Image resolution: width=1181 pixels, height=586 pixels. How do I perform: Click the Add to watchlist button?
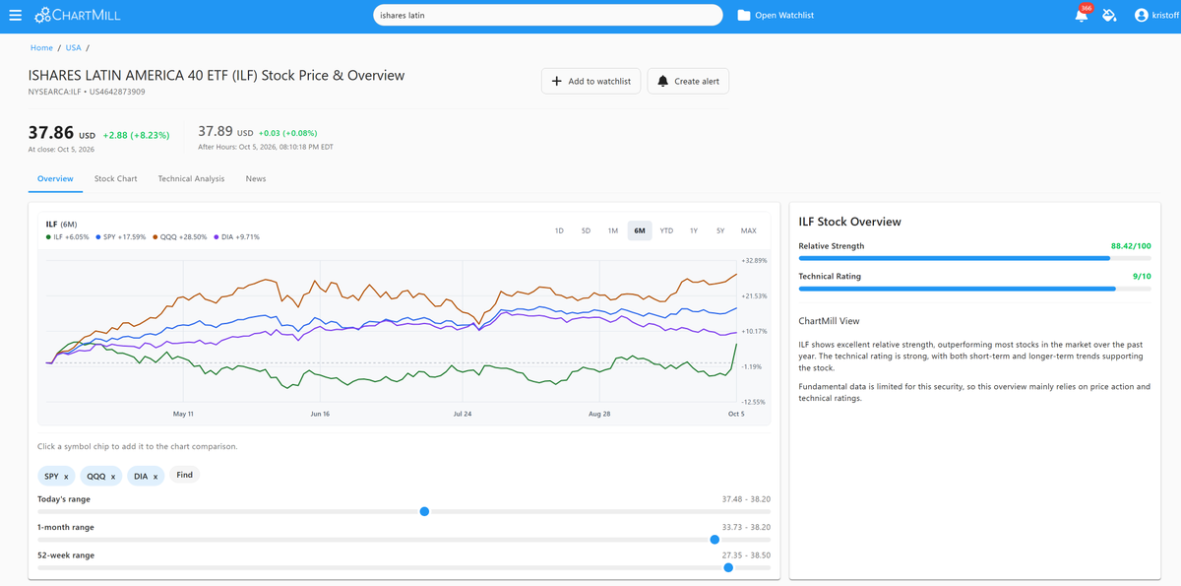[590, 81]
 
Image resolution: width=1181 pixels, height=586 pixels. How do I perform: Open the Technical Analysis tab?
[191, 179]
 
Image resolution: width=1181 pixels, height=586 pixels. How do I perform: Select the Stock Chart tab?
[115, 179]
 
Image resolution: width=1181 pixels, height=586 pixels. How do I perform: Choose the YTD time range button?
[666, 230]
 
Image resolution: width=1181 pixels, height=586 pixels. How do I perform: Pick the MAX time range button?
[748, 230]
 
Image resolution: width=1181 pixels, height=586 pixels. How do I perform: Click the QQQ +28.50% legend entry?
[180, 237]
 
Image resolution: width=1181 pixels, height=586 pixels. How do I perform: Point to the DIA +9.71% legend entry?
[237, 237]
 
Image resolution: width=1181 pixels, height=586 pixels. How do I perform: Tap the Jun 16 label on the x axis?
[320, 414]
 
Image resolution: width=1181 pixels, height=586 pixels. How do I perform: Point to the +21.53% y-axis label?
[754, 295]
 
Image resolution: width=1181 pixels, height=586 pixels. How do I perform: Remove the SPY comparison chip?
[66, 477]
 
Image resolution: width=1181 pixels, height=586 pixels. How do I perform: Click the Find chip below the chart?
[184, 476]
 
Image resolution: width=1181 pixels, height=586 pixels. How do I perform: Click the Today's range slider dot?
[424, 511]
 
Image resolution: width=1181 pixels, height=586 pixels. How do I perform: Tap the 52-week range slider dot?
[728, 567]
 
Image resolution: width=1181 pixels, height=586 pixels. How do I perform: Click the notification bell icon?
[1081, 16]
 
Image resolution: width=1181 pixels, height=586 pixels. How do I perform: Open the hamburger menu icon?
[16, 16]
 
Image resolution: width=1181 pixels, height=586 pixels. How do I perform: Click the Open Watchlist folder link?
[776, 16]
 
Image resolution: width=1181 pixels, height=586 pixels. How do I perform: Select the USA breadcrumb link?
[73, 48]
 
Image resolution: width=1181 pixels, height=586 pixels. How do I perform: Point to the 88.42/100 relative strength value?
[1131, 246]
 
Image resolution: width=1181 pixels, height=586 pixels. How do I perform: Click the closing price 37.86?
[50, 132]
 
